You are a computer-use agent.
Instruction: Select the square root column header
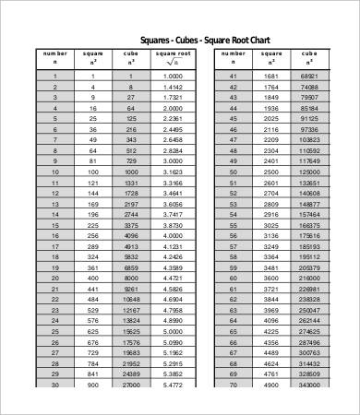click(x=172, y=58)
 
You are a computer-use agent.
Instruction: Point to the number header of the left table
click(x=55, y=57)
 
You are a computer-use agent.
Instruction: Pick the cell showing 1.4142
click(x=172, y=86)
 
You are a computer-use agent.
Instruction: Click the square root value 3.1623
click(x=172, y=172)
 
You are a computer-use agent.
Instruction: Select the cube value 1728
click(x=132, y=193)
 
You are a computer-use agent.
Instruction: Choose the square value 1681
click(x=270, y=76)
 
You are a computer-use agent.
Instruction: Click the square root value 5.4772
click(x=172, y=384)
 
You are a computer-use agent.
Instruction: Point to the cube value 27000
click(x=132, y=384)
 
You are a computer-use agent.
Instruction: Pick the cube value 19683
click(x=132, y=352)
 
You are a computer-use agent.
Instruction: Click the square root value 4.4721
click(x=172, y=278)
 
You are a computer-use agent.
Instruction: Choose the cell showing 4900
click(x=270, y=384)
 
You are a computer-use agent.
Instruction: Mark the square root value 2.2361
click(x=172, y=118)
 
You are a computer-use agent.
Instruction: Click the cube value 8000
click(x=132, y=278)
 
